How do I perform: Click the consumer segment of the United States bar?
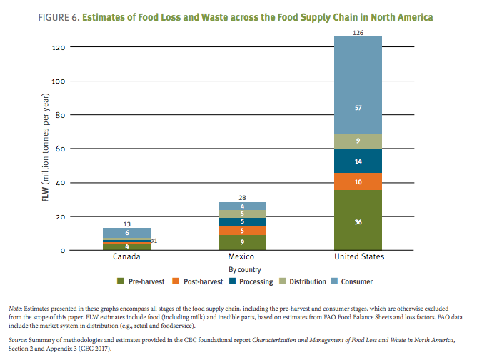(358, 85)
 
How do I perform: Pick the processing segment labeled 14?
(358, 161)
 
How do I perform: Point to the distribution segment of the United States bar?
(358, 141)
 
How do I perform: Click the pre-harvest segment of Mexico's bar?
(242, 242)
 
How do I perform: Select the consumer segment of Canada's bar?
(126, 233)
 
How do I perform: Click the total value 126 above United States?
(358, 31)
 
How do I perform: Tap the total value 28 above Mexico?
(242, 196)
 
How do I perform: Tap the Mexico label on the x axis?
(242, 256)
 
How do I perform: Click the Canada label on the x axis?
(126, 256)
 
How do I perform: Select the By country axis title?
(242, 270)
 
